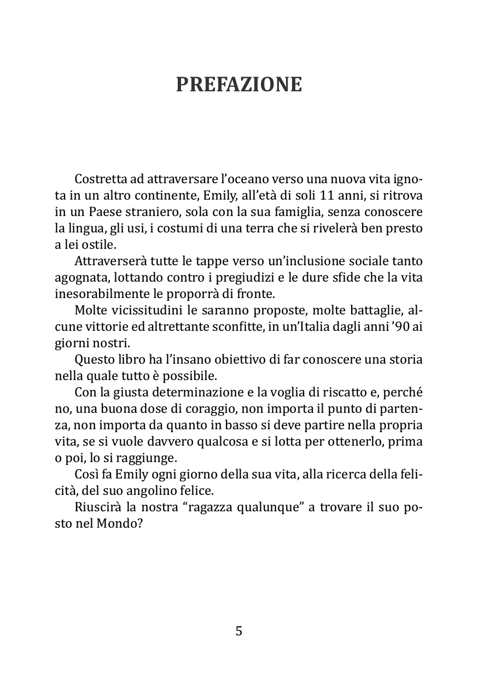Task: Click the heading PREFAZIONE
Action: tap(238, 85)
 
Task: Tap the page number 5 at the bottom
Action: tap(238, 631)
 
